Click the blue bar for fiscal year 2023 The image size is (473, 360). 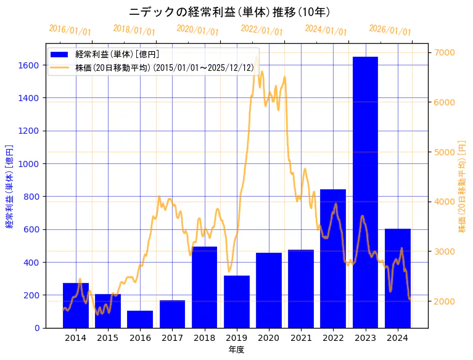point(365,192)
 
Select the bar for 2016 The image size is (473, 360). point(140,319)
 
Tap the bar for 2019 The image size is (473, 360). point(236,301)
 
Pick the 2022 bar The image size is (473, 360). point(333,258)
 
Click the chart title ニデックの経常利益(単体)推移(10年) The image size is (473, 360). point(230,12)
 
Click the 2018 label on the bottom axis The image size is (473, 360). point(204,338)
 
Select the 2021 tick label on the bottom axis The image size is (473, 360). point(301,338)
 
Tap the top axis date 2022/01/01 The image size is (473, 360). point(261,30)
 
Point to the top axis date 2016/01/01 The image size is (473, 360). point(70,30)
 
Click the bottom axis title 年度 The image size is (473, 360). point(236,350)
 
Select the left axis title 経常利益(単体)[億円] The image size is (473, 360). point(9,186)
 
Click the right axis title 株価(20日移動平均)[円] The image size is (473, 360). point(462,186)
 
